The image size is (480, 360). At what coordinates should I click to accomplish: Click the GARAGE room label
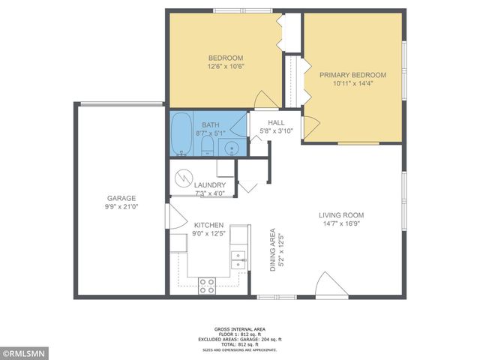pos(120,198)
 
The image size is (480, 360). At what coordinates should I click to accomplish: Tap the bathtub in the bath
pos(181,134)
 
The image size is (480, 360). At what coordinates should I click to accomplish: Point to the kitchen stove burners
pos(206,285)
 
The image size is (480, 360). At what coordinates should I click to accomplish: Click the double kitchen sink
pos(238,259)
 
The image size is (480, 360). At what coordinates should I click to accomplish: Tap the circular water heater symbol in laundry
pos(184,178)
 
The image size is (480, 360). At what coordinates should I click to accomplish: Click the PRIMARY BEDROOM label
pos(352,75)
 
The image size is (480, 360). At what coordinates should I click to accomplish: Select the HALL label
pos(277,123)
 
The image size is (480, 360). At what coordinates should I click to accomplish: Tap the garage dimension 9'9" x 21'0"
pos(120,207)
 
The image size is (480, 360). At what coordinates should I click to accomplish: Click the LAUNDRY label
pos(209,185)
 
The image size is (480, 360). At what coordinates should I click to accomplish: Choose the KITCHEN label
pos(208,225)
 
